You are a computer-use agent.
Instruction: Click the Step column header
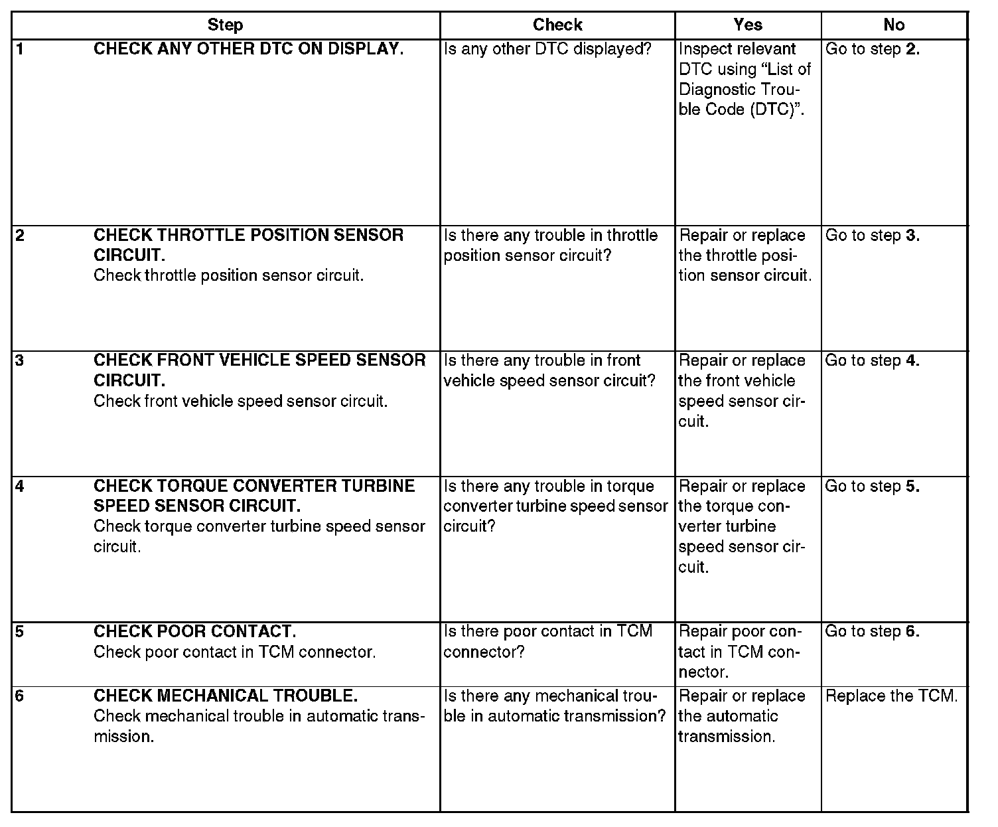pos(225,25)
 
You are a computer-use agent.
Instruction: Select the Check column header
pos(557,25)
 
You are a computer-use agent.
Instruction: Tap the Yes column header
pos(748,25)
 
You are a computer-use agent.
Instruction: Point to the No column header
pos(894,25)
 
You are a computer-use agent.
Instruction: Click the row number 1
pos(19,48)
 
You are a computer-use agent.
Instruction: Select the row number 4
pos(20,486)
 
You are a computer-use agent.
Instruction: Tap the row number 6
pos(20,696)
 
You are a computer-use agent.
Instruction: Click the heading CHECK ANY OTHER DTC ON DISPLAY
pos(248,49)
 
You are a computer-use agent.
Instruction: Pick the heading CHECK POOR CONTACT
pos(194,631)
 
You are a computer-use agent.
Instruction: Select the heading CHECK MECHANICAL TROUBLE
pos(226,696)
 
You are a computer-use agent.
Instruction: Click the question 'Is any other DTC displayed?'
pos(547,49)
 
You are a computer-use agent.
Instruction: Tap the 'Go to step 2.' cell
pos(872,49)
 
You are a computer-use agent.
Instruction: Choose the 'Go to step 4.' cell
pos(872,360)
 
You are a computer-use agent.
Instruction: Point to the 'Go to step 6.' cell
pos(872,631)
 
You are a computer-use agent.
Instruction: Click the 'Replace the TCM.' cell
pos(891,696)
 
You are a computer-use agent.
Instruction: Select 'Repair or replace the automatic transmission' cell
pos(741,716)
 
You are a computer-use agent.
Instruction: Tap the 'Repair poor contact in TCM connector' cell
pos(739,652)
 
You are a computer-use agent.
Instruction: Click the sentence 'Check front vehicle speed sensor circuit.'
pos(240,401)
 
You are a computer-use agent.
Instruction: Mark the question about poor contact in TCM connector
pos(547,641)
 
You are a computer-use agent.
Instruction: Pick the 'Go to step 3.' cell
pos(872,236)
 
